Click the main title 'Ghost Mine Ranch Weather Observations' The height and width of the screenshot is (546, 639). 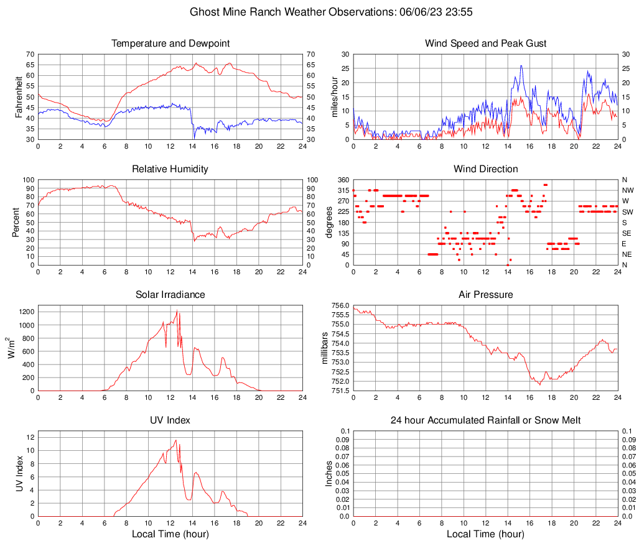[x=319, y=12]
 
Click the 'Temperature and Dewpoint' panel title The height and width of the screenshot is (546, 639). [x=170, y=44]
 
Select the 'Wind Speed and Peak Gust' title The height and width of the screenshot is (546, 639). [x=485, y=44]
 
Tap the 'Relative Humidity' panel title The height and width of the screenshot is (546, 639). [x=170, y=169]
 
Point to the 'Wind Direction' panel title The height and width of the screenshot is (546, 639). [x=485, y=169]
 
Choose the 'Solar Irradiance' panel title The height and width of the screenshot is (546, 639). [x=170, y=294]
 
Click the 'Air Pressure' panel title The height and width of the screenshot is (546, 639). [x=485, y=294]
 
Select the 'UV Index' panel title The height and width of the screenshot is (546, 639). [x=170, y=420]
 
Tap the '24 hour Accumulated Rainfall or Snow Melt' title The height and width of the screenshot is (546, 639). [x=485, y=420]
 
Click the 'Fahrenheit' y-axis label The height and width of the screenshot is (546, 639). [x=17, y=96]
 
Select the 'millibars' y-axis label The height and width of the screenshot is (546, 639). [x=325, y=348]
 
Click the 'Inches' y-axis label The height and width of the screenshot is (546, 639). [x=329, y=473]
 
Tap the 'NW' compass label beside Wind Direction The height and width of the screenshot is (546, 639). [x=627, y=190]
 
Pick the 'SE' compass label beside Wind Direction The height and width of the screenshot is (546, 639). [x=627, y=233]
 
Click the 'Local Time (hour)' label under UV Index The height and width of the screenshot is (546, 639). [x=170, y=534]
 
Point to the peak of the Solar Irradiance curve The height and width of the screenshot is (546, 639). [x=177, y=310]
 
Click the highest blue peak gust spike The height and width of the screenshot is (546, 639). [x=521, y=66]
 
